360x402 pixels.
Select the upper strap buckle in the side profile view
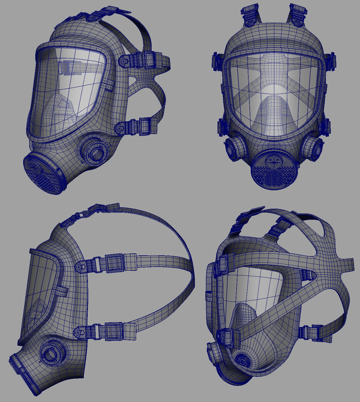pyautogui.click(x=115, y=262)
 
